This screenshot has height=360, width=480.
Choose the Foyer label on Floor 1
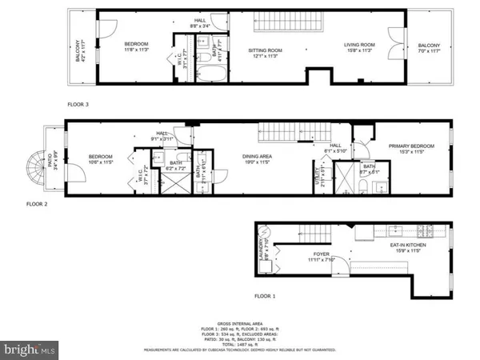[x=322, y=256]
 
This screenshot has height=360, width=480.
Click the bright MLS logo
[x=30, y=349]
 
